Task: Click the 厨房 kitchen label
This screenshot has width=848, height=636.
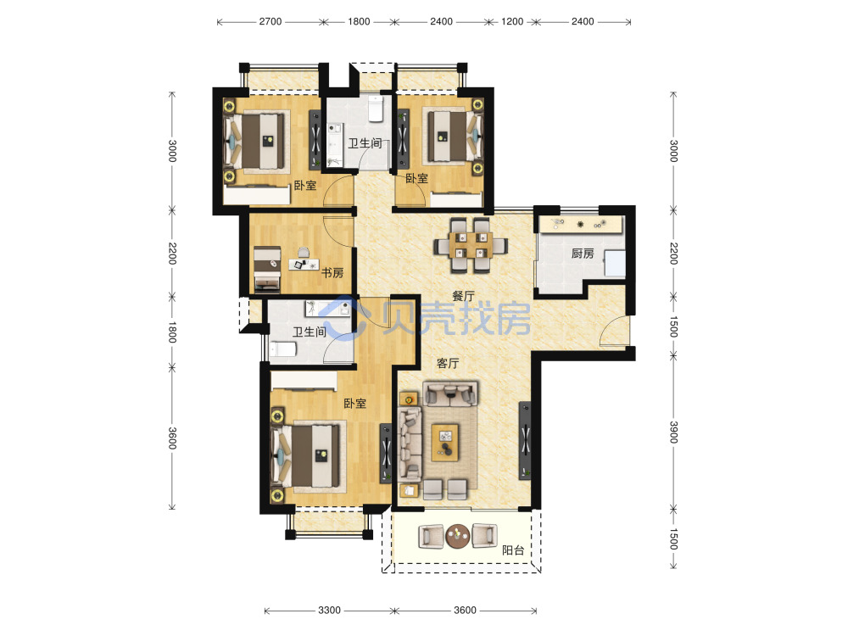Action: (x=583, y=253)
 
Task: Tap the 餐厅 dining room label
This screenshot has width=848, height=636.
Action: (x=463, y=296)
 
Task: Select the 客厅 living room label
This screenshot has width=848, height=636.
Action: (x=448, y=364)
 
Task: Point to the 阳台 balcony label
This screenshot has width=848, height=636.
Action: (x=513, y=550)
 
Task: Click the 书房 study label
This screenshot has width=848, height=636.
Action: (x=332, y=272)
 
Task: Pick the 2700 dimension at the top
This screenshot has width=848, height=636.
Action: (x=270, y=22)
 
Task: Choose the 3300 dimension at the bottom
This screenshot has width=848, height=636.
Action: (x=329, y=611)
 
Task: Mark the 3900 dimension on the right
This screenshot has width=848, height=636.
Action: (x=674, y=432)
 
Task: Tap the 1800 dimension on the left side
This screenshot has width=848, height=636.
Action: (x=172, y=332)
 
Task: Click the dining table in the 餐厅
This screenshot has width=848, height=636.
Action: (x=469, y=245)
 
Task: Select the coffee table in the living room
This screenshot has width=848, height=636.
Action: (x=444, y=443)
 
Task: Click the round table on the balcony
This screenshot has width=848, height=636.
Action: (x=458, y=535)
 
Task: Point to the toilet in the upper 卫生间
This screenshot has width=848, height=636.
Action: (x=376, y=109)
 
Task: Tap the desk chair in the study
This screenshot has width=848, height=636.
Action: (x=304, y=252)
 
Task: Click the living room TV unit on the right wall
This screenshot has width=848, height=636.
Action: (x=525, y=440)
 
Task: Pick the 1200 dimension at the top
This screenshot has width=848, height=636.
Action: (x=512, y=22)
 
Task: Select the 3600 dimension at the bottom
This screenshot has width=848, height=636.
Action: (x=465, y=611)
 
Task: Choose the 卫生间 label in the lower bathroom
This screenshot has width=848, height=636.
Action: (x=310, y=332)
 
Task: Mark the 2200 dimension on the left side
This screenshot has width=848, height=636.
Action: (x=172, y=253)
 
